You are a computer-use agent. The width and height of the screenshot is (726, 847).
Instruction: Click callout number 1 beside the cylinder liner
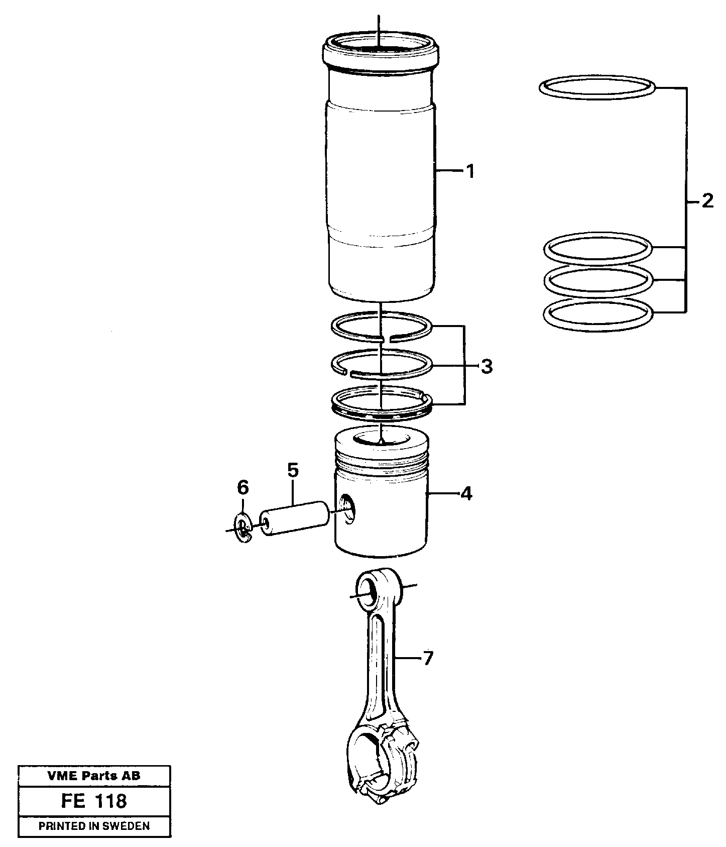469,172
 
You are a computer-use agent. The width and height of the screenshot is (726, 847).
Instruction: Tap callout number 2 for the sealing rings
707,202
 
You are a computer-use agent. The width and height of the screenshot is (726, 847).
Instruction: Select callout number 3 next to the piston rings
486,367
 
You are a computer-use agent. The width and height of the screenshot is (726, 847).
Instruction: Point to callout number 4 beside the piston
466,494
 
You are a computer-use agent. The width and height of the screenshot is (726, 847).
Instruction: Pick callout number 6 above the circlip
243,487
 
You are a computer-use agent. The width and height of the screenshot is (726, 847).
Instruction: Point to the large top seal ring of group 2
597,88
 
